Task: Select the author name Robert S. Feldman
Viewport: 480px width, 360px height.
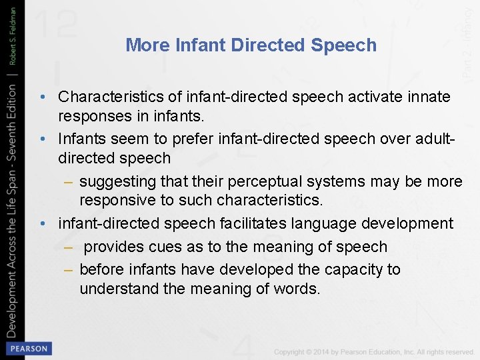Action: point(13,33)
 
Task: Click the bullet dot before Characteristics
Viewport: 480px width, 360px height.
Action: point(42,97)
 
